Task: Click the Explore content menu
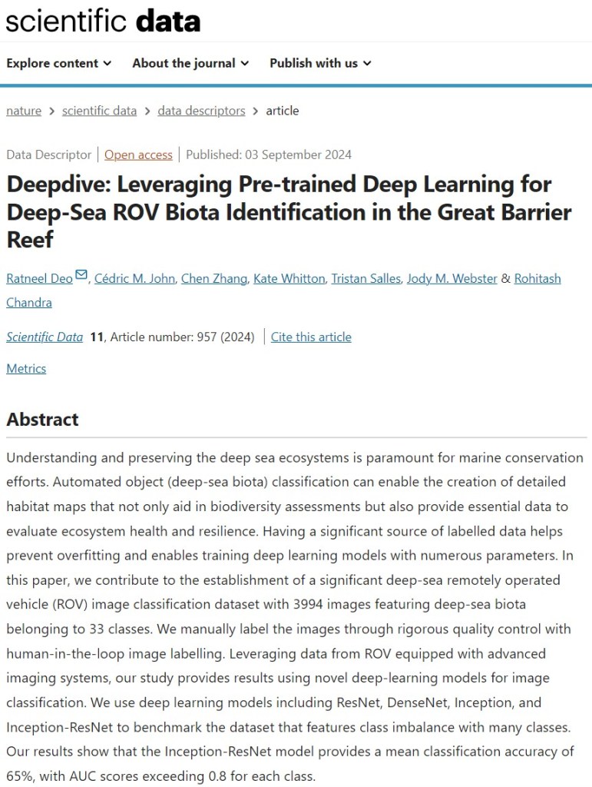(x=58, y=63)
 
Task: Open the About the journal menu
(x=190, y=63)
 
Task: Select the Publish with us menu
(x=320, y=63)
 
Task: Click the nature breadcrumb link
(x=24, y=111)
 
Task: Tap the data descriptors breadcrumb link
(x=201, y=111)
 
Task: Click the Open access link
(x=138, y=154)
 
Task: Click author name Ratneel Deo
(x=39, y=278)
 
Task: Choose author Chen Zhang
(x=214, y=278)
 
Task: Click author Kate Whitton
(x=289, y=278)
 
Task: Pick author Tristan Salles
(x=365, y=278)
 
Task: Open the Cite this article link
(x=311, y=337)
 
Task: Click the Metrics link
(x=26, y=368)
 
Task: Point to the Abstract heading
(x=42, y=419)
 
